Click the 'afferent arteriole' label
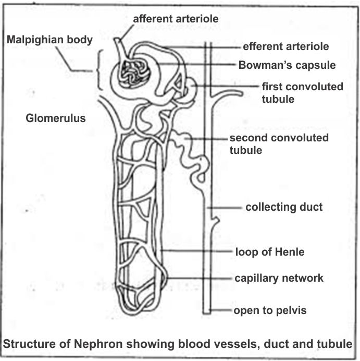pos(175,19)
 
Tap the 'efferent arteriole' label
pos(285,46)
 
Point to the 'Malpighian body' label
pos(49,40)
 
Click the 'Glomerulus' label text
pos(56,118)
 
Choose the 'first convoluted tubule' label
pos(302,92)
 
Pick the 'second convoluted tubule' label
pos(279,144)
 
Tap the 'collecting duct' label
pos(284,207)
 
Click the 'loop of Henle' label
pos(269,252)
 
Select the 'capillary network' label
pos(278,278)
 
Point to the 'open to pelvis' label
pos(270,311)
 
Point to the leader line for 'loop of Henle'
pos(198,252)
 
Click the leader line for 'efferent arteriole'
pos(208,47)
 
